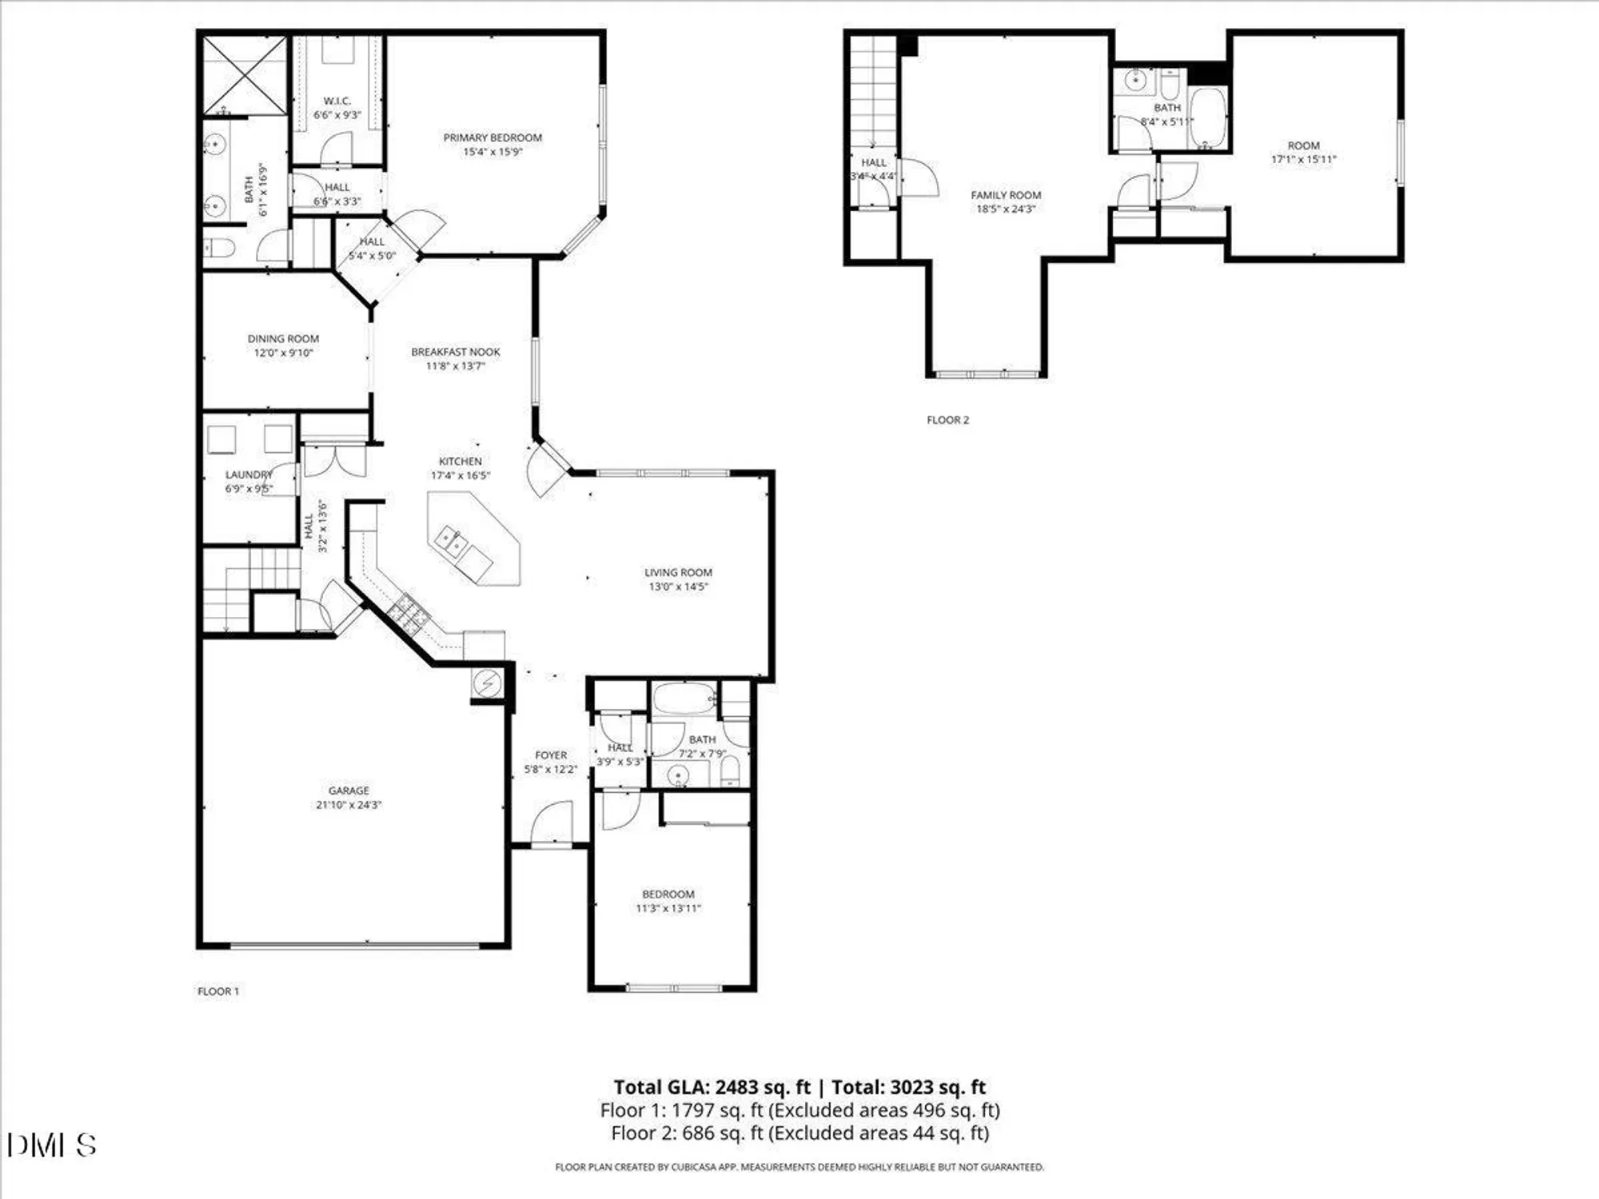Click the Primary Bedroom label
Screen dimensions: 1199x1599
[x=492, y=137]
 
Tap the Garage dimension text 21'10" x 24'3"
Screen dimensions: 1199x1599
[x=349, y=805]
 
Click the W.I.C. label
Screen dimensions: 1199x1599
[x=337, y=101]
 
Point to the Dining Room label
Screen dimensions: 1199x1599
[x=283, y=339]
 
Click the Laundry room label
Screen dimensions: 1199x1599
[x=249, y=475]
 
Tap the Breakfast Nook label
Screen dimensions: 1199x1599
[x=455, y=352]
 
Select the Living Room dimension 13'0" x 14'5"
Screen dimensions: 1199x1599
[x=678, y=587]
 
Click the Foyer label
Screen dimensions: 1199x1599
[x=550, y=755]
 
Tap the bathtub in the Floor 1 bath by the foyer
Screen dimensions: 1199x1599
[x=684, y=699]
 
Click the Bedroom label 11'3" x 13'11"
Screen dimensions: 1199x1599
[x=668, y=894]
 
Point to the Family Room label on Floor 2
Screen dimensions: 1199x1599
[x=1006, y=195]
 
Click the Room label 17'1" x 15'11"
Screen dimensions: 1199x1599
[x=1303, y=145]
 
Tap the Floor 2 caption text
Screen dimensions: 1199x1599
[x=947, y=420]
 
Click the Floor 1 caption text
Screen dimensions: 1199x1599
[x=218, y=991]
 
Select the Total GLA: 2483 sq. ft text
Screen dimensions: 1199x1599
[x=712, y=1087]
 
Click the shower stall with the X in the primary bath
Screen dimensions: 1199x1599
[x=243, y=76]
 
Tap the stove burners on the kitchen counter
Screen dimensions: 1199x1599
[x=409, y=613]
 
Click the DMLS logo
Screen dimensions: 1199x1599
[x=52, y=1145]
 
